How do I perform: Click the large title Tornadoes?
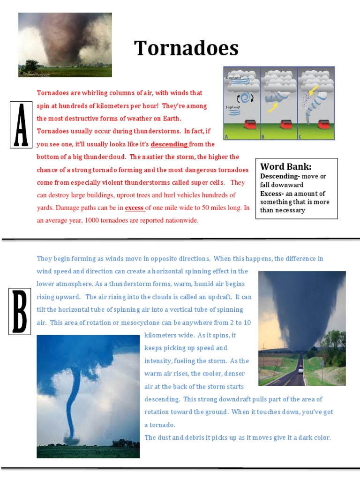point(186,48)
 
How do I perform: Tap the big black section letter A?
point(21,125)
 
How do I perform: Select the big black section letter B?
point(20,312)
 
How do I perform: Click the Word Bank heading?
point(286,166)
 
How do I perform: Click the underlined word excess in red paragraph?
point(134,208)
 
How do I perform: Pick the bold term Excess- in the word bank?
point(273,194)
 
